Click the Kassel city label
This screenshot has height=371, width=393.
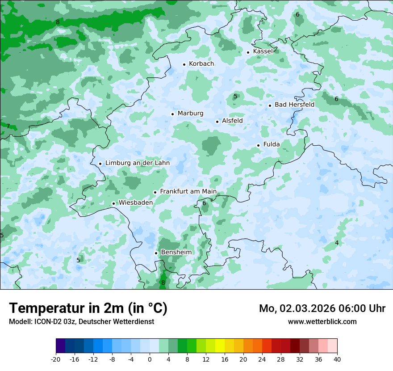coord(263,51)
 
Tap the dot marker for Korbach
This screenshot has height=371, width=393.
coord(184,64)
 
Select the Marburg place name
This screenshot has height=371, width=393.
coord(190,114)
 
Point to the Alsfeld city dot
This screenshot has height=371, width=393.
coord(217,122)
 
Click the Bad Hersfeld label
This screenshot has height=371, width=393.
coord(294,105)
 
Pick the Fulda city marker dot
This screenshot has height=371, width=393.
coord(258,145)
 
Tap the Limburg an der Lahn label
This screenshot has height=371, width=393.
coord(137,163)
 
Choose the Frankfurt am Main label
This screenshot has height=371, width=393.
coord(188,192)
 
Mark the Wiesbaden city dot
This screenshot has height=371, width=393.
coord(113,204)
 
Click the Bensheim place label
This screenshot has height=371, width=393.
coord(176,253)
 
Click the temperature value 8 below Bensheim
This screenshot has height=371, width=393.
coord(163,282)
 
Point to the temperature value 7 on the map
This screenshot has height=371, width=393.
coord(8,126)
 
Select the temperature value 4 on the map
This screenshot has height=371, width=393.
coord(337,243)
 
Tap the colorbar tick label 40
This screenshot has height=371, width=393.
coord(337,359)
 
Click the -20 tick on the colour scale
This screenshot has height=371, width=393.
coord(56,359)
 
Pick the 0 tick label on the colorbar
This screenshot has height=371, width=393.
coord(150,359)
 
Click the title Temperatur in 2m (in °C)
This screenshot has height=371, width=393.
coord(88,308)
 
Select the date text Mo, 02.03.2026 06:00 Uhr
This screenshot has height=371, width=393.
coord(322,308)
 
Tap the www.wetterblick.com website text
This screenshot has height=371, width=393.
coord(322,322)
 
